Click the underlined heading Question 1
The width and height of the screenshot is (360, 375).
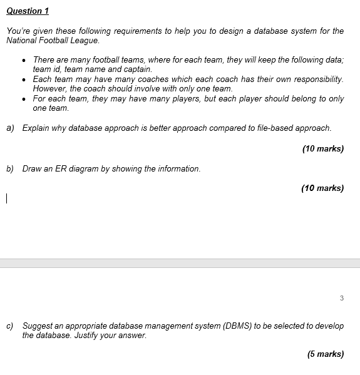pos(27,11)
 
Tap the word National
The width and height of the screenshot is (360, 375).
pos(21,40)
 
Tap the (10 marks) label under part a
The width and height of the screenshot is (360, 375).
pos(322,148)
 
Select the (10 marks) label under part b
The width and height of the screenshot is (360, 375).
pos(322,188)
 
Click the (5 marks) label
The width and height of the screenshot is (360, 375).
pos(325,354)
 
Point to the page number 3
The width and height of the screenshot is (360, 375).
pos(341,298)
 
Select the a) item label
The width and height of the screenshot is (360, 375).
pos(11,128)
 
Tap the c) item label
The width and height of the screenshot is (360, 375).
pos(11,326)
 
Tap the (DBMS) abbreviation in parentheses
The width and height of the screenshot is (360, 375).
pos(240,326)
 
